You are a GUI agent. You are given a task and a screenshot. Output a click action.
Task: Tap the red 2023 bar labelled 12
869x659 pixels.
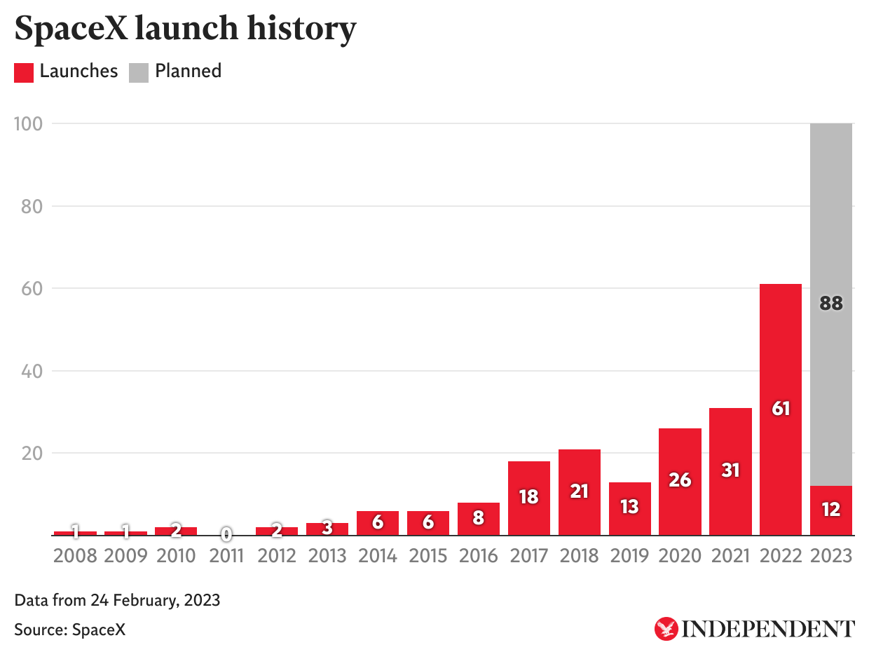831,510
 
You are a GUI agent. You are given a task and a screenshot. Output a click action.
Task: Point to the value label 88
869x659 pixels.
831,304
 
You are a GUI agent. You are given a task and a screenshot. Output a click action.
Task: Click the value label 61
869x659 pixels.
781,408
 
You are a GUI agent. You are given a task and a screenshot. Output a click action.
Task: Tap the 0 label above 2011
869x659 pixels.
226,535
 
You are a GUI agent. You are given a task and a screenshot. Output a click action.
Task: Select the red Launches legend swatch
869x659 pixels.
24,72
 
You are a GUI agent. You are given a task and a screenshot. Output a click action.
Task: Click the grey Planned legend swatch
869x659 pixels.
139,72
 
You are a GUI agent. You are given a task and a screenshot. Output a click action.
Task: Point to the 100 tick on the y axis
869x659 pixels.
28,124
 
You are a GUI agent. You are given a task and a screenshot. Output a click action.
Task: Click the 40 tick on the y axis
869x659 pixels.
30,371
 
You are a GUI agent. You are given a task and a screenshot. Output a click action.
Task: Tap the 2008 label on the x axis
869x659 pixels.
75,556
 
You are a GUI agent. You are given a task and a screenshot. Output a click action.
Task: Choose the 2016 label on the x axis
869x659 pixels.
479,556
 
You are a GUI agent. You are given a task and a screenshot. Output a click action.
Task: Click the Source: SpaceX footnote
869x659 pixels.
70,630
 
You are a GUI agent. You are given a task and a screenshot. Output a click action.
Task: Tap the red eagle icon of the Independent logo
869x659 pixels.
666,628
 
